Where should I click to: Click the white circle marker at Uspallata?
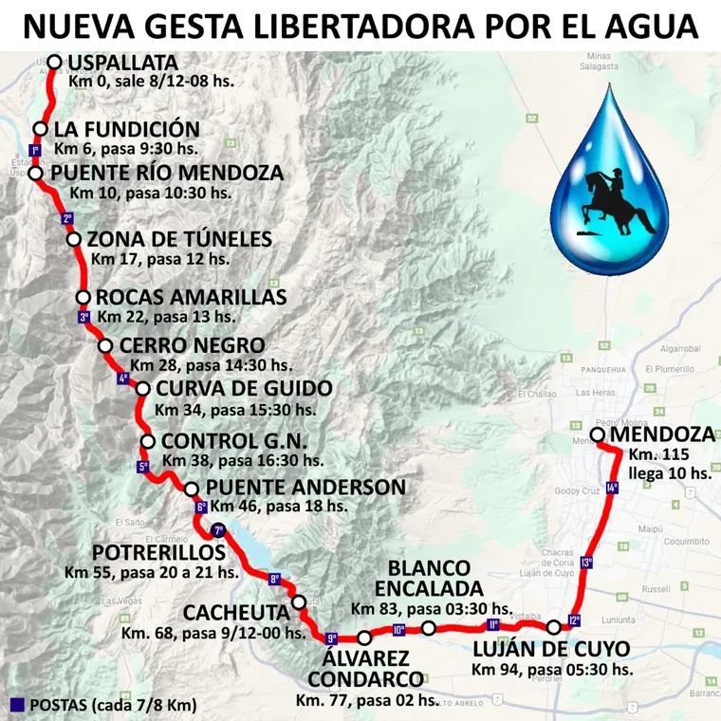point(54,63)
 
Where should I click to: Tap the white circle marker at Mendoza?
point(598,435)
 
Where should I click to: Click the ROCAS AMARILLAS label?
point(192,297)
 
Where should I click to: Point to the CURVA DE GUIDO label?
point(244,389)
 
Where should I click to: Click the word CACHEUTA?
point(236,612)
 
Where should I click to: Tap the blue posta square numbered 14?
point(612,488)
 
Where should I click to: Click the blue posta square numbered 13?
point(587,563)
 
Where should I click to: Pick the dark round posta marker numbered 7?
point(219,529)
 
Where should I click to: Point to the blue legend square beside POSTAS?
point(16,704)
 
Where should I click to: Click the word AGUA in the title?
point(651,26)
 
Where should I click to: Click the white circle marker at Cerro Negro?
point(105,346)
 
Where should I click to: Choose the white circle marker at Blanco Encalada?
point(429,628)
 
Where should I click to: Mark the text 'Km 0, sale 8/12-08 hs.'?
point(152,82)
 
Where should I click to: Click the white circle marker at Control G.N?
point(148,441)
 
